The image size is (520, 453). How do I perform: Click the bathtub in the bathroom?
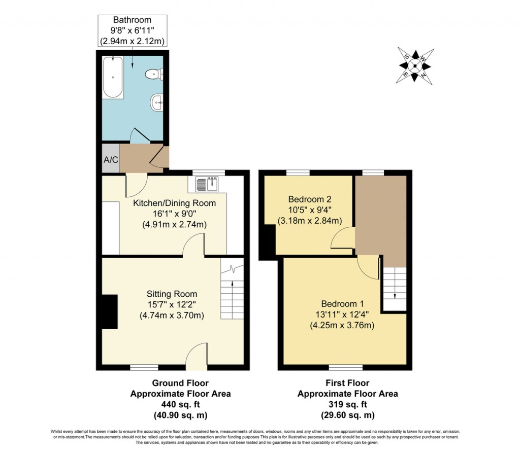pos(113,78)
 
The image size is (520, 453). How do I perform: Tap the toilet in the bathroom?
pos(154,75)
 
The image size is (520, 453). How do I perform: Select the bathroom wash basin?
pos(157,103)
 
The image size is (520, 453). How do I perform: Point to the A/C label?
pos(111,160)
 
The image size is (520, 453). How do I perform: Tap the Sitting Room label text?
pos(172,294)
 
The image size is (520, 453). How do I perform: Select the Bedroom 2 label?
pos(309,199)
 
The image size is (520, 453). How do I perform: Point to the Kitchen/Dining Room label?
pos(174,203)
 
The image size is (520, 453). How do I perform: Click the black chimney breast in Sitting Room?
pos(109,311)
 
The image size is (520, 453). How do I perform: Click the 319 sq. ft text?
pos(347,404)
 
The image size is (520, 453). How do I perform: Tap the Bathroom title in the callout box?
pos(133,20)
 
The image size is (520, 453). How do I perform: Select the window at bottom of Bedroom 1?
pos(345,366)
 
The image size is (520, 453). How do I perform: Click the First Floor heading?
pos(347,383)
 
